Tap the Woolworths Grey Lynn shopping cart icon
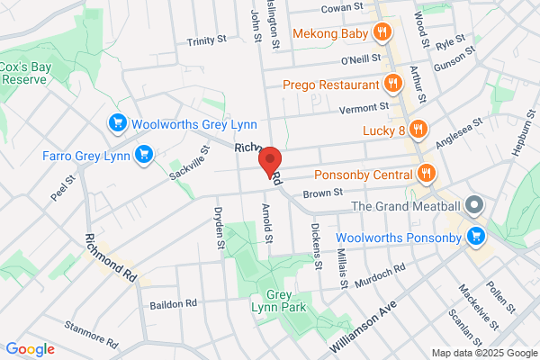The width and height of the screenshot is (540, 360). [x=116, y=123]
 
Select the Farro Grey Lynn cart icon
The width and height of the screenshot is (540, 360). [x=142, y=156]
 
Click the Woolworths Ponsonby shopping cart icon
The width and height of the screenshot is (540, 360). [x=475, y=238]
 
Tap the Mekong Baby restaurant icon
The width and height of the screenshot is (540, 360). [x=383, y=32]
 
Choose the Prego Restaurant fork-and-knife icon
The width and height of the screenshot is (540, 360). [x=392, y=85]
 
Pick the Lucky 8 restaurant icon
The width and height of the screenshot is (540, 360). [x=418, y=130]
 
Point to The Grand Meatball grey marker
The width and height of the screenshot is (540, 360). [x=475, y=206]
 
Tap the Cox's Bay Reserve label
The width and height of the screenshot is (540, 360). [x=24, y=72]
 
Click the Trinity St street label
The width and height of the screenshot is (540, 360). [x=209, y=41]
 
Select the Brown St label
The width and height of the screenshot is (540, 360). [x=324, y=193]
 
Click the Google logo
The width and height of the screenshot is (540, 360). [x=31, y=348]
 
